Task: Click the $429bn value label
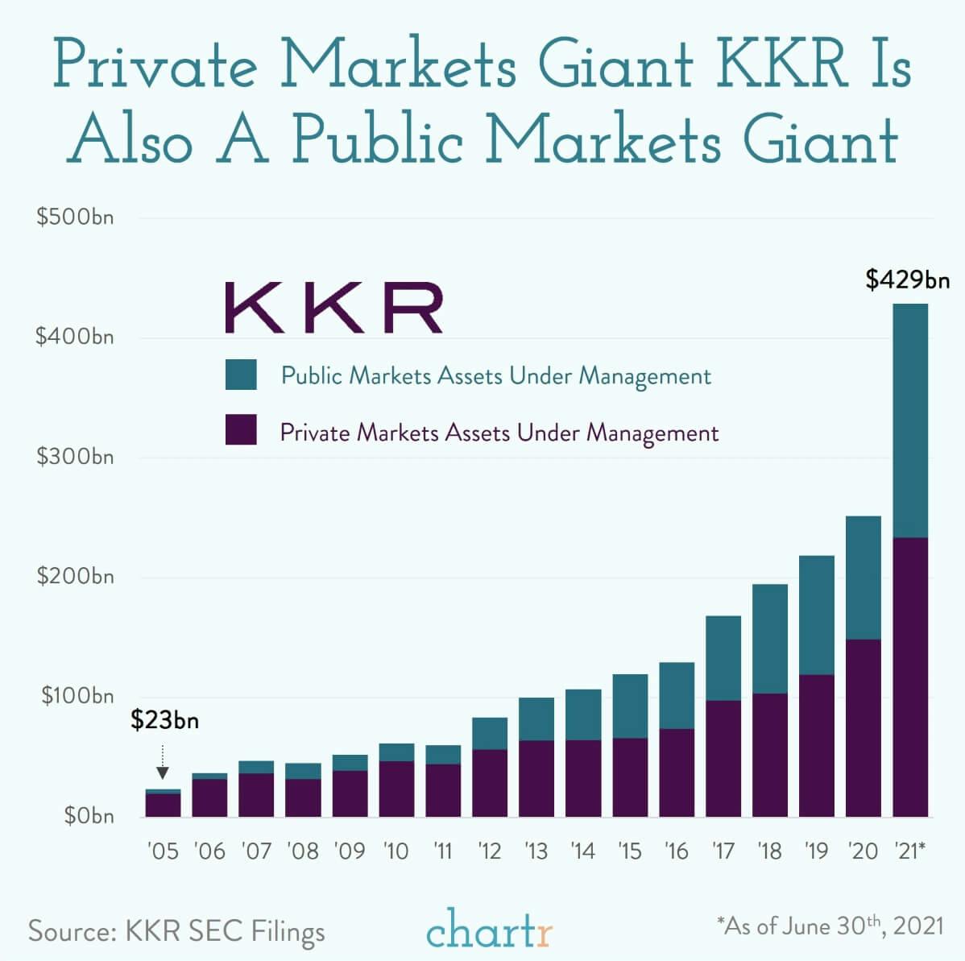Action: coord(907,280)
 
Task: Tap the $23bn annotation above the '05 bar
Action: coord(164,719)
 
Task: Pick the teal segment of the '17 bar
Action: coord(723,658)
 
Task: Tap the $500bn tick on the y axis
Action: coord(75,217)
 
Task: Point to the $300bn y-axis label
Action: coord(75,457)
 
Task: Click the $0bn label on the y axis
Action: coord(89,816)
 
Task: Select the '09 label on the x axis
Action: coord(350,851)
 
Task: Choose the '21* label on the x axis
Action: coord(910,851)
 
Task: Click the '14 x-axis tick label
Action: coord(582,851)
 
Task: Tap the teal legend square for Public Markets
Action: coord(241,375)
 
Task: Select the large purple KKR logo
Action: coord(333,308)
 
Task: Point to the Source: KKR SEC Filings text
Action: coord(176,931)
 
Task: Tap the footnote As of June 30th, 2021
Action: coord(830,926)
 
